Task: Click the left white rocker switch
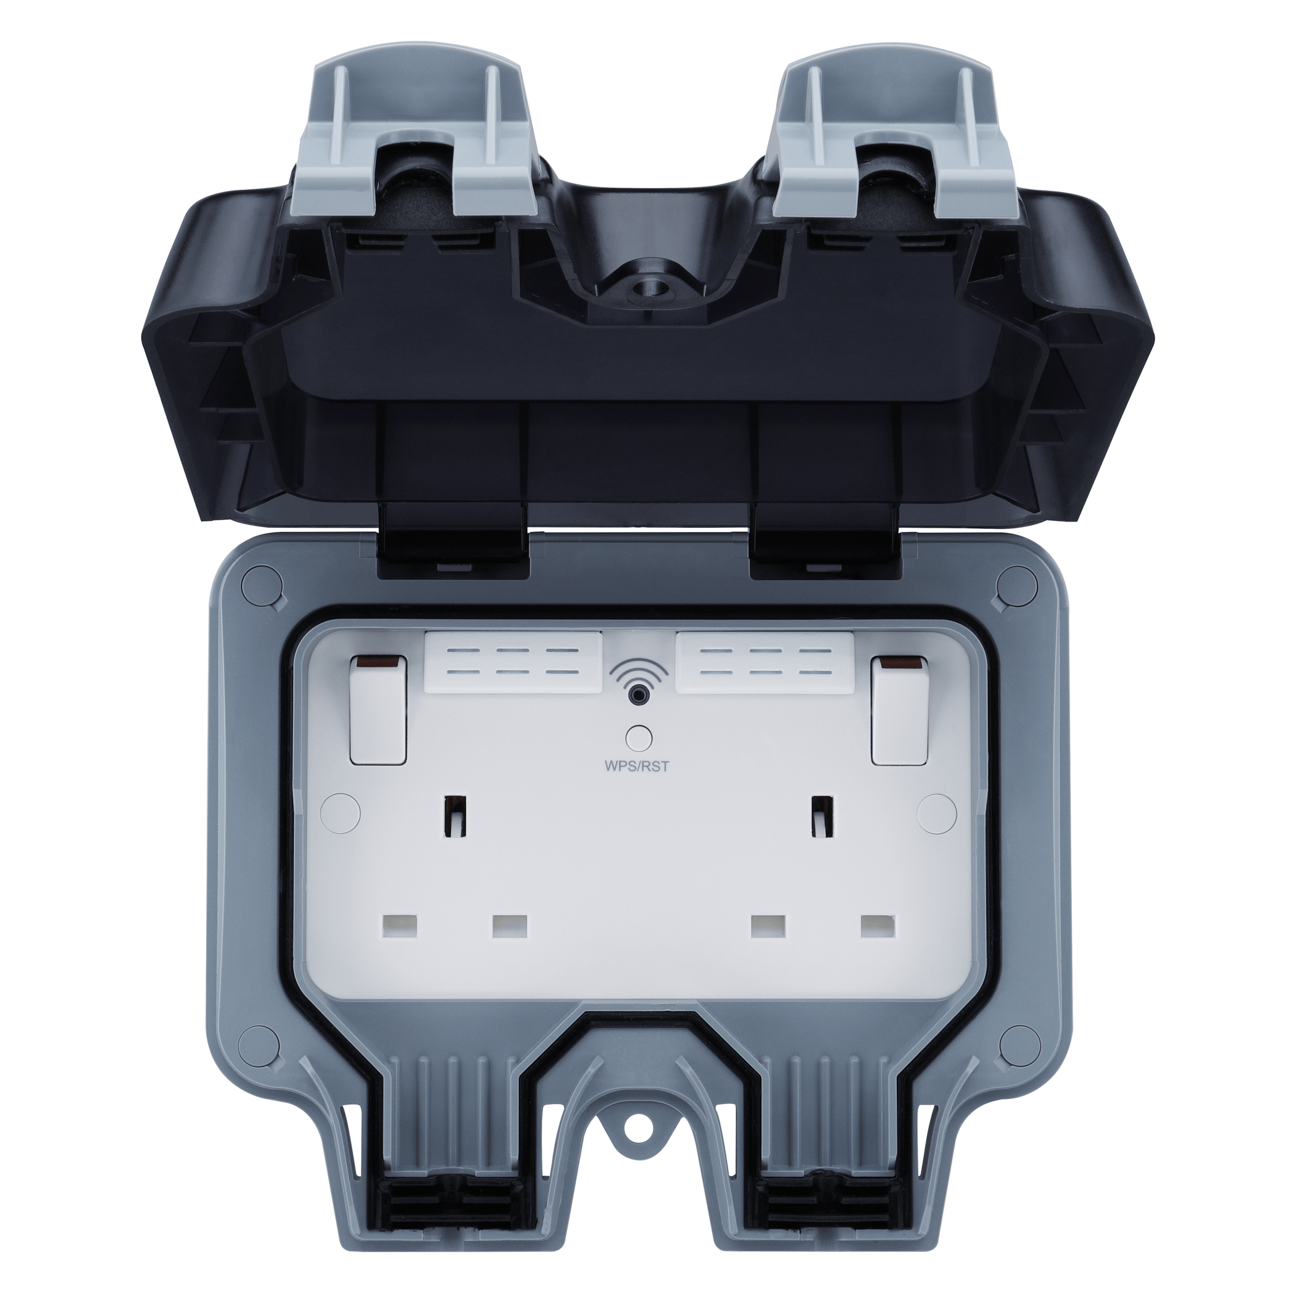378,710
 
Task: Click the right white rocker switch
899,710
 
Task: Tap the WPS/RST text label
638,767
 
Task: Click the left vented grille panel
514,665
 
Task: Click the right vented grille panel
764,665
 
